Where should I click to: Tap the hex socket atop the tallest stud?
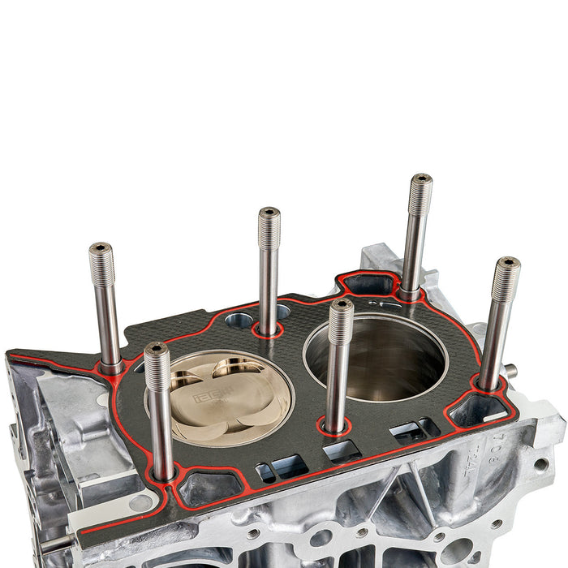[x=421, y=178]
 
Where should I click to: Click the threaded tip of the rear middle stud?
[x=269, y=228]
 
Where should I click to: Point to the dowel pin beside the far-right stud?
[x=510, y=371]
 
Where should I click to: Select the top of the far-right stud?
[x=507, y=264]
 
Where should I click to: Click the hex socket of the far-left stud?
[x=100, y=247]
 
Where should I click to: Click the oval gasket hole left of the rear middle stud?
[x=240, y=320]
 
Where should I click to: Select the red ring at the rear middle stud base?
[x=267, y=329]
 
